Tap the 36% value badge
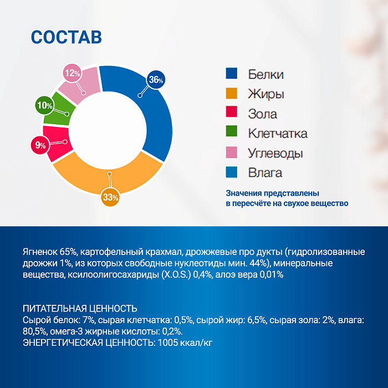tap(156, 80)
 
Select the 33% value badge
tap(111, 197)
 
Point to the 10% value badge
tap(44, 105)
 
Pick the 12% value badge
tap(72, 73)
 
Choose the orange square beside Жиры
tap(232, 94)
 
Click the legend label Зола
tap(263, 114)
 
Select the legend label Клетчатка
tap(277, 134)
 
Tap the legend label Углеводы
tap(275, 153)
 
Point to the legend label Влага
tap(265, 173)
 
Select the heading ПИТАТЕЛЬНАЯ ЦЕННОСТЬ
tap(80, 308)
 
